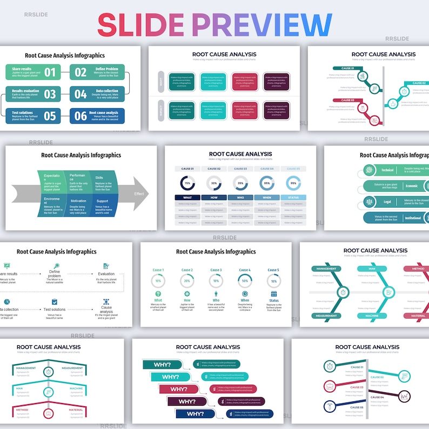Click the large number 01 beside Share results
point(50,72)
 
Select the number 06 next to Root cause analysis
point(80,116)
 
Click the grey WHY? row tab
point(161,82)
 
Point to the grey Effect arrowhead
point(138,193)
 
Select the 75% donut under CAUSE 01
point(188,183)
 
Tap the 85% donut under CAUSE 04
point(267,183)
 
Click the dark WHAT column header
point(188,198)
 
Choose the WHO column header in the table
point(240,198)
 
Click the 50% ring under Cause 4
point(245,281)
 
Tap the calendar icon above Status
point(274,294)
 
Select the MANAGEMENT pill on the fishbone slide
point(326,269)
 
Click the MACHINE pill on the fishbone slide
point(372,316)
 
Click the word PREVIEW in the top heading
point(262,25)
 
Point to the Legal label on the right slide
point(387,202)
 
